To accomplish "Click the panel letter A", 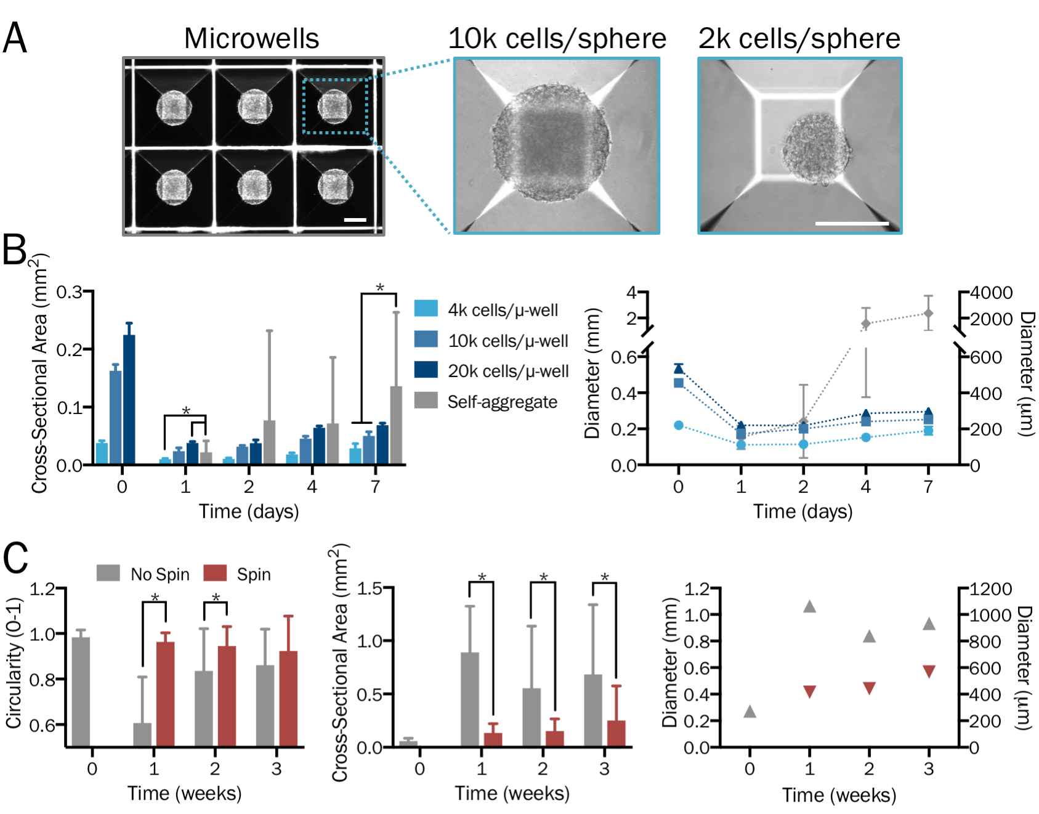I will click(x=15, y=38).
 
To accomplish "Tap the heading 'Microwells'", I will click(x=251, y=39).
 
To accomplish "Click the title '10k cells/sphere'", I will click(x=557, y=39).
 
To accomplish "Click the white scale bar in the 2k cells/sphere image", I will click(x=852, y=223).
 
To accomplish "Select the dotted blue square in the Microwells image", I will click(x=335, y=106).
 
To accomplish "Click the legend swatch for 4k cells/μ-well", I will click(x=426, y=309).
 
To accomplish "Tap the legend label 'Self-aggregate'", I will click(x=502, y=402).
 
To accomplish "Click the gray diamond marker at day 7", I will click(x=928, y=314).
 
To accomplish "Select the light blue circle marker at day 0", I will click(x=679, y=425).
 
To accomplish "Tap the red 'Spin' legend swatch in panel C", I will click(x=215, y=573).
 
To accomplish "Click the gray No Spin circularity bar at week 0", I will click(x=81, y=691).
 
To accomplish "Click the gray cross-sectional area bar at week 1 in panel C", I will click(x=469, y=699).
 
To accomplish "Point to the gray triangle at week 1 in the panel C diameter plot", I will click(x=810, y=607).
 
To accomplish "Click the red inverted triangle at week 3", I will click(x=929, y=671).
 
